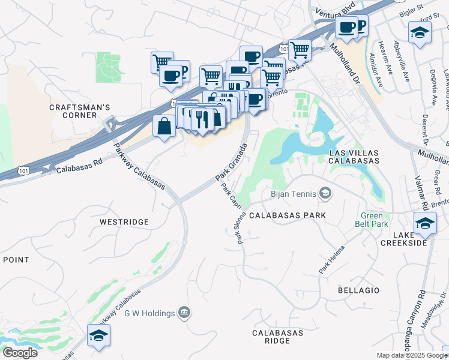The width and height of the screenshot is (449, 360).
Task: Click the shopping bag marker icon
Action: tap(164, 127)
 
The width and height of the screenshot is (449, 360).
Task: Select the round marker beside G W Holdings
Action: tap(184, 313)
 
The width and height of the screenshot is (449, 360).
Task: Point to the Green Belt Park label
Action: tap(375, 220)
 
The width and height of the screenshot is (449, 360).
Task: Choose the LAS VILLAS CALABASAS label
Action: tap(354, 157)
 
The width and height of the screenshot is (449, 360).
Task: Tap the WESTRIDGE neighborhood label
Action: tap(124, 222)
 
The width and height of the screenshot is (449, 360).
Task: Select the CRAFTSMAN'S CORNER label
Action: tap(80, 111)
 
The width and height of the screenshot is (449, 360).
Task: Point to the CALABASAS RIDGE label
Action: tap(271, 337)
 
